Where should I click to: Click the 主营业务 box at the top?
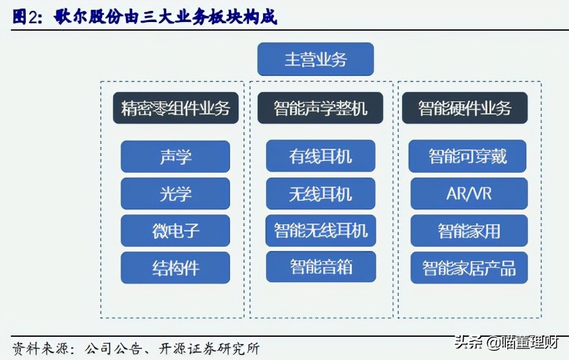(x=315, y=59)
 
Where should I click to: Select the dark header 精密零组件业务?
(x=176, y=108)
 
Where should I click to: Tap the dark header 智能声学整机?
(x=321, y=108)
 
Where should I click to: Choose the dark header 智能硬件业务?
(x=465, y=108)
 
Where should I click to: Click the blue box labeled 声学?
(x=176, y=157)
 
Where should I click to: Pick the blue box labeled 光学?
(x=176, y=194)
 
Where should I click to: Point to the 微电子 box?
(x=176, y=231)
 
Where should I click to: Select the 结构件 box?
(x=176, y=268)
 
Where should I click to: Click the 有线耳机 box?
(x=321, y=156)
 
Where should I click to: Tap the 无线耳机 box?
(x=321, y=193)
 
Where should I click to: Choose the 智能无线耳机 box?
(x=321, y=230)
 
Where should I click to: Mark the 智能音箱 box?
(x=321, y=266)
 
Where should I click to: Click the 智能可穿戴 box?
(x=468, y=156)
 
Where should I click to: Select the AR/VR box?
(x=468, y=193)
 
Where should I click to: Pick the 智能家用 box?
(x=468, y=230)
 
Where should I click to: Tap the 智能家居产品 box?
(x=468, y=268)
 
